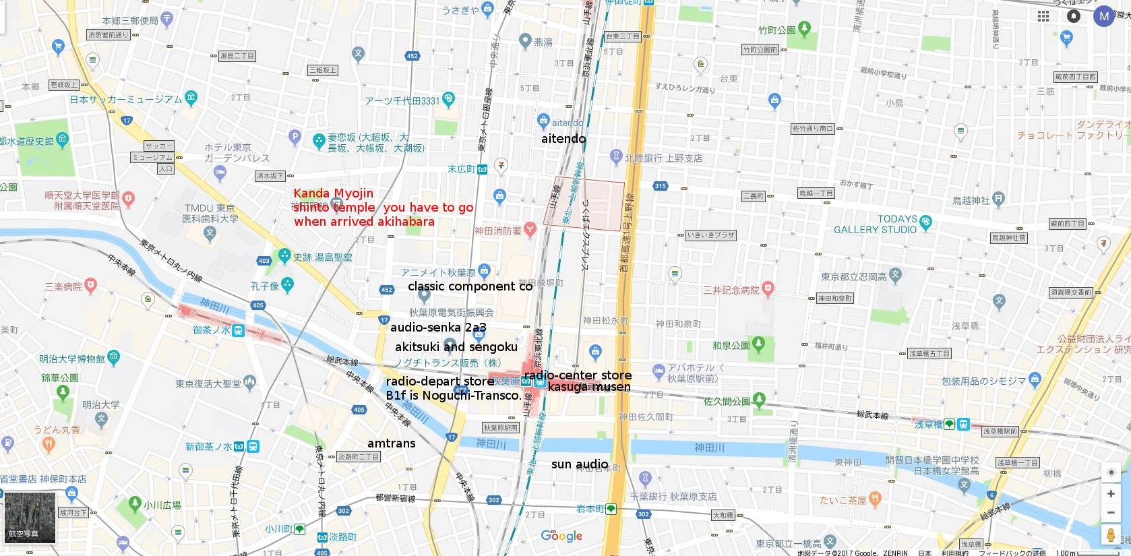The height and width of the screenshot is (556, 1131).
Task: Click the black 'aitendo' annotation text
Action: point(563,139)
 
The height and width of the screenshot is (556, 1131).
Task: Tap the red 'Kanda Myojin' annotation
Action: point(333,193)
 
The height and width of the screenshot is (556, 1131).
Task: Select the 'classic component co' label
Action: point(470,286)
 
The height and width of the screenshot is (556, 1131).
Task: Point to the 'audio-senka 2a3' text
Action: point(438,328)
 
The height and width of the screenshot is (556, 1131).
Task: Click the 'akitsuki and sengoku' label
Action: point(456,347)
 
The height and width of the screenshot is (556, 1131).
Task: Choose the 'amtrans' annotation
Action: point(392,443)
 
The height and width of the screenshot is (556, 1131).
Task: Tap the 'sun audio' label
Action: point(580,464)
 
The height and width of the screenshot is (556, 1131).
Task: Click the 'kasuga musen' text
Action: point(589,387)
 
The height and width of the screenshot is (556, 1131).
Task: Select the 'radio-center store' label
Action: point(578,375)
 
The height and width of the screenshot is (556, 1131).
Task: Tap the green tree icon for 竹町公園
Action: point(803,29)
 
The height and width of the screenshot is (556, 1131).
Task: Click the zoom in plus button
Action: point(1111,494)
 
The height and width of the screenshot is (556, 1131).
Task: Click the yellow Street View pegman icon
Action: point(1111,535)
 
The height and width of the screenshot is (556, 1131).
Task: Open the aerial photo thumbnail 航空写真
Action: point(30,518)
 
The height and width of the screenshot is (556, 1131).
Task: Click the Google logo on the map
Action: point(561,536)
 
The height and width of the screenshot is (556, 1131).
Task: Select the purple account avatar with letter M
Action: point(1103,16)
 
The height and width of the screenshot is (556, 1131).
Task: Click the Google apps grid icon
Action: point(1043,16)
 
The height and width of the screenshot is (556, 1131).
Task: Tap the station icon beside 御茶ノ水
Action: point(238,331)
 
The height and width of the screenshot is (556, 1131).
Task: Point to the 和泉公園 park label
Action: point(731,346)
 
